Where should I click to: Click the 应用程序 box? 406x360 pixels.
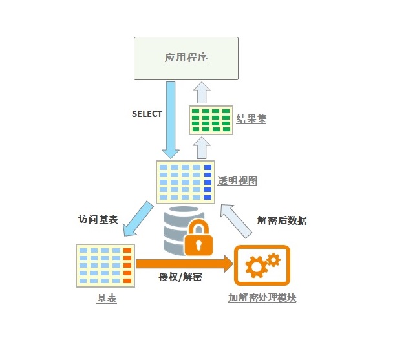[x=186, y=58]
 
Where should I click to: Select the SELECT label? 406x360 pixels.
[x=147, y=114]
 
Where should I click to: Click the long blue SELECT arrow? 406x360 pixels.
[x=171, y=120]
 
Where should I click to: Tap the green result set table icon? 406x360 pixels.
[x=211, y=120]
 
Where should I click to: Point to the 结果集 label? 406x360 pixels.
[x=251, y=119]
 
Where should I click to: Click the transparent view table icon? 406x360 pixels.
[x=186, y=182]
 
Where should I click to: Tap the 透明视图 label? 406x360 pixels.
[x=237, y=181]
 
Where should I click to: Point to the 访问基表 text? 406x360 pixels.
[x=98, y=219]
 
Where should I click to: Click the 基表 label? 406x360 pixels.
[x=107, y=299]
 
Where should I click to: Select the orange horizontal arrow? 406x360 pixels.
[x=184, y=262]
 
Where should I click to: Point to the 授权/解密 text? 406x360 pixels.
[x=180, y=277]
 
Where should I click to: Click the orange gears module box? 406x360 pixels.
[x=262, y=265]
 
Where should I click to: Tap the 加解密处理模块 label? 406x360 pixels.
[x=262, y=298]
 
